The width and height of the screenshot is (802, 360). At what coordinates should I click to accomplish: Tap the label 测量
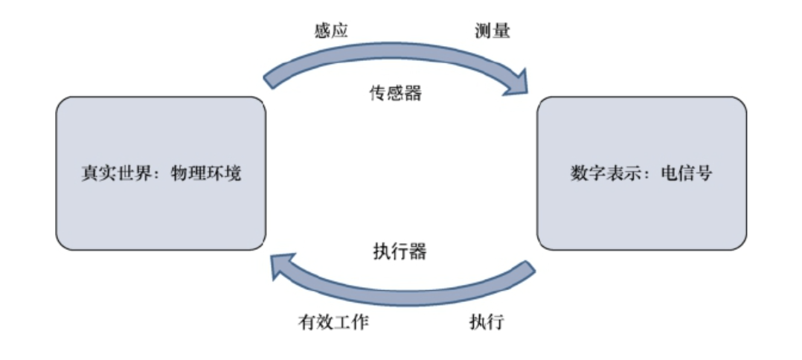(x=493, y=30)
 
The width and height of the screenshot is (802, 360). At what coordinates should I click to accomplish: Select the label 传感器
(x=396, y=93)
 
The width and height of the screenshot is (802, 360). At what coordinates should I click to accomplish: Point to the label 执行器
(x=400, y=251)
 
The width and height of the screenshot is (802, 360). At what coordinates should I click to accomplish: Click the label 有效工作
(x=333, y=322)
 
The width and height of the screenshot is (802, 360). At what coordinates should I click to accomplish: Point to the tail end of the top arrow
(x=269, y=79)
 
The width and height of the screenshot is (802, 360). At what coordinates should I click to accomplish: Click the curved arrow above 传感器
(x=394, y=60)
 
